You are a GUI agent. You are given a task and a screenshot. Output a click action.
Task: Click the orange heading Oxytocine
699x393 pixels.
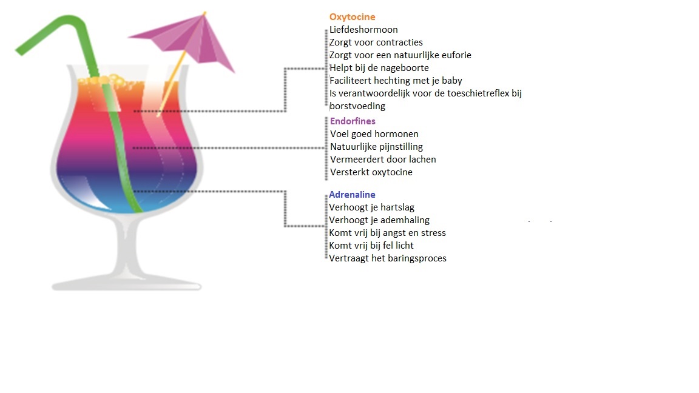[x=352, y=17]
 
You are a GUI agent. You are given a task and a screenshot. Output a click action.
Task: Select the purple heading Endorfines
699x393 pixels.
[x=353, y=121]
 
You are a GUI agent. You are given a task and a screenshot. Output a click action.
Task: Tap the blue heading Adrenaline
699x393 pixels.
[x=352, y=195]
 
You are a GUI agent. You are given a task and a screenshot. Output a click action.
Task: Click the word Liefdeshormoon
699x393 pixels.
[x=363, y=30]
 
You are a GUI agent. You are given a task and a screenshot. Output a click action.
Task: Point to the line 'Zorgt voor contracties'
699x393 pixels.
[x=376, y=43]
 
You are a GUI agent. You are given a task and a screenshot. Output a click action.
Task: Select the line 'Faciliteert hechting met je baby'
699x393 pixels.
[x=396, y=81]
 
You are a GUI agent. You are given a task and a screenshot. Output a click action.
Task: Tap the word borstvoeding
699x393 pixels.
[x=357, y=107]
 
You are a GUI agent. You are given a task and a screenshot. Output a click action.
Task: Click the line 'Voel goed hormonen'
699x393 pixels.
[x=374, y=134]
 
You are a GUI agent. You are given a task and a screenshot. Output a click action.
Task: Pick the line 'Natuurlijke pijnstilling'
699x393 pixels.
[x=376, y=147]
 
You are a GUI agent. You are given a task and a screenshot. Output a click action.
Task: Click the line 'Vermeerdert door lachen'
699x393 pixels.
[x=383, y=160]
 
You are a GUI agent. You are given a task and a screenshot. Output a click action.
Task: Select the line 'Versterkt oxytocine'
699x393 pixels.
[x=371, y=172]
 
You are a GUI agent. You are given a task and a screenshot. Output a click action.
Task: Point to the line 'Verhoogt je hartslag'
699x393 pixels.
[x=372, y=207]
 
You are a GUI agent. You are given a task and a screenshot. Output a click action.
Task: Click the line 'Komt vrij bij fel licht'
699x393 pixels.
[x=371, y=246]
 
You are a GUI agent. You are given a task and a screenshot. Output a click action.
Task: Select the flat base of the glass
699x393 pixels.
[x=127, y=283]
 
